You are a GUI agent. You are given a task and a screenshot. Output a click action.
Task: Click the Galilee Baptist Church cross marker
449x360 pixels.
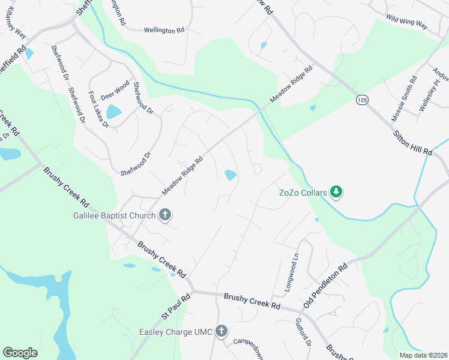165,215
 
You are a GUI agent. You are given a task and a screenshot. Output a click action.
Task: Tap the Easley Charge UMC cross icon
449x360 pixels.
221,331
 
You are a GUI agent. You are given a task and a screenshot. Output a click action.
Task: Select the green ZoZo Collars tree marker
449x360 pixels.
337,193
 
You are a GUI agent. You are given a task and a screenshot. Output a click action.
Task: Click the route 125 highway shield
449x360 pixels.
361,98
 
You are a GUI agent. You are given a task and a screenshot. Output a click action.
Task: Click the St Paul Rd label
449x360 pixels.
175,307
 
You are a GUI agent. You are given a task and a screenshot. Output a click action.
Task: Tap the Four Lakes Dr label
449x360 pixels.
98,110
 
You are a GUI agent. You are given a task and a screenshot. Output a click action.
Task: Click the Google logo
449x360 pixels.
20,353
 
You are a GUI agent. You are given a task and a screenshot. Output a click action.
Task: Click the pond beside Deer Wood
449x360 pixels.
113,112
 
